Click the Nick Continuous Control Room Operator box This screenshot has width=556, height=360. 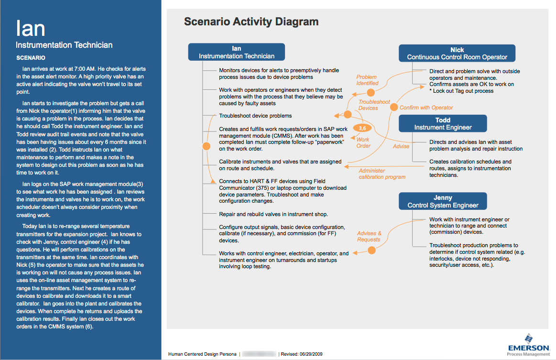tap(457, 53)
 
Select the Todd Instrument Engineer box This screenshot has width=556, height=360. tap(443, 124)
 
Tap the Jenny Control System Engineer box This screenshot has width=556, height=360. tap(443, 201)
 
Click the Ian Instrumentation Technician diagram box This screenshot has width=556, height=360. tap(237, 52)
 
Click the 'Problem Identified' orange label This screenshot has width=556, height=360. tap(367, 80)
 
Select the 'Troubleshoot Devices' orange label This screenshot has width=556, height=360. tap(374, 105)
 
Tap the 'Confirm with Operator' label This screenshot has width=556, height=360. tap(426, 108)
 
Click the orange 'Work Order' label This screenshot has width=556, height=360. tap(363, 142)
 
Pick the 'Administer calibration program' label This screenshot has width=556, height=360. tap(382, 174)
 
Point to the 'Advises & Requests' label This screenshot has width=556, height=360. tap(369, 236)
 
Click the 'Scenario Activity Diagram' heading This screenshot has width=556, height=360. tap(251, 22)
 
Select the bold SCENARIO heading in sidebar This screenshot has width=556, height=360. tap(31, 58)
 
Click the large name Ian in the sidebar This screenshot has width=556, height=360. tap(31, 28)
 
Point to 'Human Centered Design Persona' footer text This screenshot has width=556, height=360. tap(202, 354)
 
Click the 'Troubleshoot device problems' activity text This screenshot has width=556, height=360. tap(255, 116)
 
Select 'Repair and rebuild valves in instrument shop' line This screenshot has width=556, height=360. tap(273, 214)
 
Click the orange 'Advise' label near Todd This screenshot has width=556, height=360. tap(401, 146)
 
